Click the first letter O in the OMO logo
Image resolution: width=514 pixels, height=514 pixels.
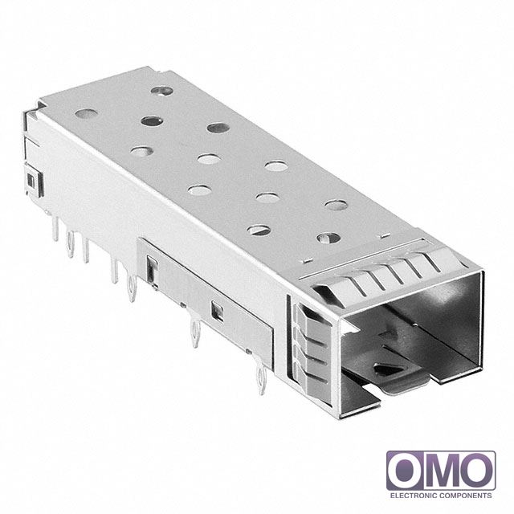[405, 471]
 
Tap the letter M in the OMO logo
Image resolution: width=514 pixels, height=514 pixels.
[441, 471]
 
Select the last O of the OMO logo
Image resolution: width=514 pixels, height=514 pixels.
[477, 471]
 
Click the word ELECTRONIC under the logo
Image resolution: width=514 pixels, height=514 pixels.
[413, 496]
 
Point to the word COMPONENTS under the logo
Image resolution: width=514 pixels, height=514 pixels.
[466, 496]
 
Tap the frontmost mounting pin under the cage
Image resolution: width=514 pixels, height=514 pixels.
[262, 380]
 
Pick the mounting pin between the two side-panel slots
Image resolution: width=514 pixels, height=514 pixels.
[196, 332]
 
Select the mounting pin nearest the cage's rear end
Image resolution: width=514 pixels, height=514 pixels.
[55, 228]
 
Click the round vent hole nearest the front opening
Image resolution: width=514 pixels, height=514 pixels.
[328, 238]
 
